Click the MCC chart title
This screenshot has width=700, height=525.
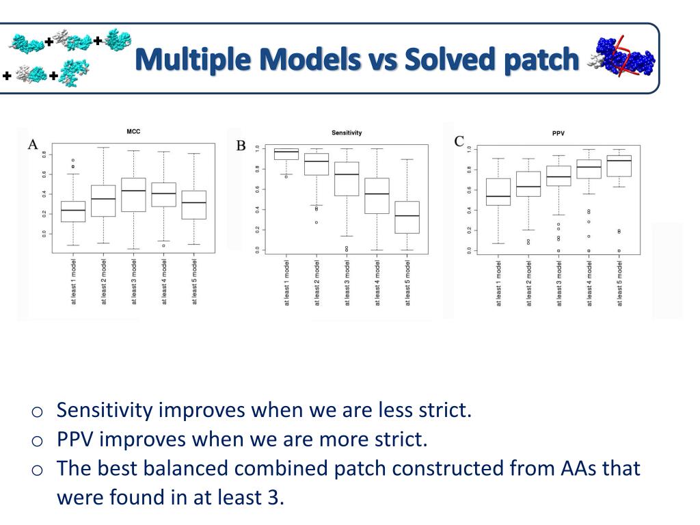[134, 131]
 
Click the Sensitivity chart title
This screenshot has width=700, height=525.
[347, 133]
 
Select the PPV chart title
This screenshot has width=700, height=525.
[558, 133]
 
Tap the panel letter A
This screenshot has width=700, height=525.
[32, 144]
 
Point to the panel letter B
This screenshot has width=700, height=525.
[241, 146]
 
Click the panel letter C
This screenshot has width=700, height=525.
[459, 142]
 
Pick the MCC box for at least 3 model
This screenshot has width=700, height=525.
[133, 195]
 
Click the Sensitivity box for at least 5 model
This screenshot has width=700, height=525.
[408, 217]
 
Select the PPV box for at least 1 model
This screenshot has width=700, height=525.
[498, 192]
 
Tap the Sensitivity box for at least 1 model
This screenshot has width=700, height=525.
[286, 154]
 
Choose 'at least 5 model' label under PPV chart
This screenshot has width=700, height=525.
[619, 283]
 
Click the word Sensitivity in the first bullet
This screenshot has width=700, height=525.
[105, 411]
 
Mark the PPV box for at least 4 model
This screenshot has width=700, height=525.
[589, 169]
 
